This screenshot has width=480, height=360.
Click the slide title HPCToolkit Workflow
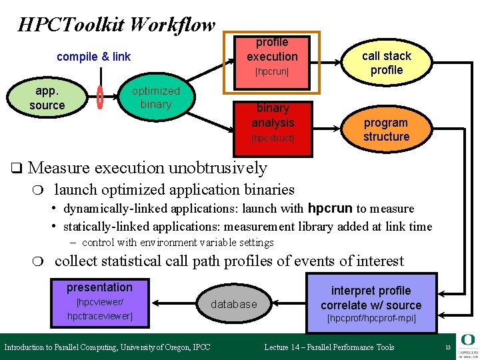pos(117,25)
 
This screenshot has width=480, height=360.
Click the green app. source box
pos(47,98)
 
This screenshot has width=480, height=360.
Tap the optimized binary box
pos(155,97)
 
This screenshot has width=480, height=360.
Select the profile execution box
pos(272,60)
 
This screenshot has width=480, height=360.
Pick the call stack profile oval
pos(386,63)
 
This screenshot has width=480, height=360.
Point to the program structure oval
pos(386,129)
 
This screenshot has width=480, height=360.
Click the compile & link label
pos(93,57)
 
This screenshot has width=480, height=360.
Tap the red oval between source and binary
pos(100,97)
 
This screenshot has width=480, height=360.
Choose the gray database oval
pos(233,304)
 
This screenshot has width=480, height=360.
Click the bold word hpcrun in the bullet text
pos(331,208)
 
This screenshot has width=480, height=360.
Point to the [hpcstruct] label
pos(272,138)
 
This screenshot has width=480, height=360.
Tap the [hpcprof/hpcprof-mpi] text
pos(371,318)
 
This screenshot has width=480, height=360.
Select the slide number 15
pos(448,347)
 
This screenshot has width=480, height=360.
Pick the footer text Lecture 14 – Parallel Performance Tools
pos(329,347)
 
